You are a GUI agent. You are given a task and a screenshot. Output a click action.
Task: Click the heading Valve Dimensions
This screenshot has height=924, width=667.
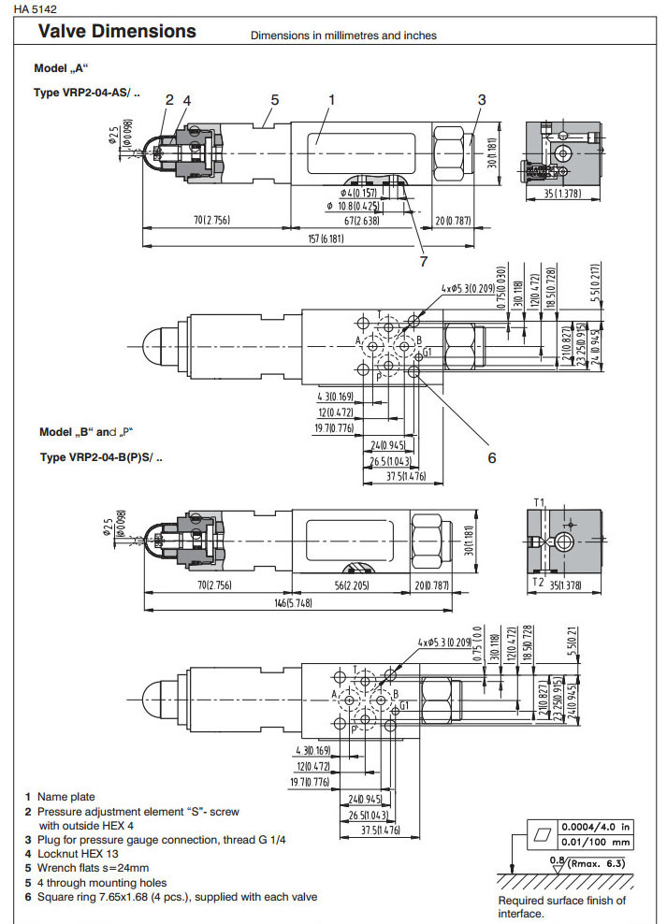(116, 32)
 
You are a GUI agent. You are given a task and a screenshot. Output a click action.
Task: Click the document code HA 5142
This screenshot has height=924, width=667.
(36, 9)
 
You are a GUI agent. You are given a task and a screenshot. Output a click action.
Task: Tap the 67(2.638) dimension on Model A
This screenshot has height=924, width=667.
(360, 221)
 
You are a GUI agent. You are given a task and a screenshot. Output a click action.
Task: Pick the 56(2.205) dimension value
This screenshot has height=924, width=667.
(351, 586)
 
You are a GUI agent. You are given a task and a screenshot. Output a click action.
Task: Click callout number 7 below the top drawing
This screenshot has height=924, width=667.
(423, 261)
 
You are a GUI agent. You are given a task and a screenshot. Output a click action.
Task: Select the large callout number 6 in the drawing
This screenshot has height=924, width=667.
(490, 457)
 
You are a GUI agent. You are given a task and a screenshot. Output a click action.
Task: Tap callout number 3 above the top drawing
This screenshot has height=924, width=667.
(482, 100)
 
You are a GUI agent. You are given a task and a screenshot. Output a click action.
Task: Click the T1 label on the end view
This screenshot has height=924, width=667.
(538, 503)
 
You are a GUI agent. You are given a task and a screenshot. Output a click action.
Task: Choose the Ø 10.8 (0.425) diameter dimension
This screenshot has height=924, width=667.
(365, 205)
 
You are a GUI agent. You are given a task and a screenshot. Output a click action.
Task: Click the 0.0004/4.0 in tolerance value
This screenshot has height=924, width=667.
(595, 827)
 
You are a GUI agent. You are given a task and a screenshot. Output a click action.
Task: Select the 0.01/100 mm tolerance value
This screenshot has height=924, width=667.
(595, 842)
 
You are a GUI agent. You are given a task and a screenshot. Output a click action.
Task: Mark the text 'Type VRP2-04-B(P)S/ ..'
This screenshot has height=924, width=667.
(101, 457)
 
